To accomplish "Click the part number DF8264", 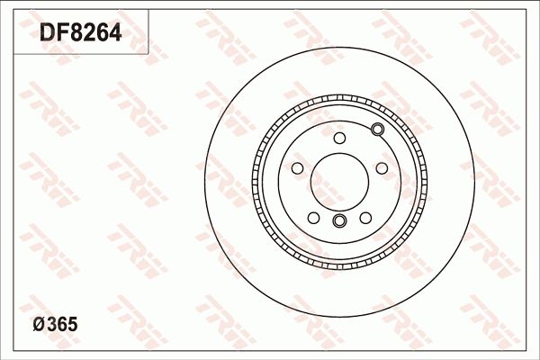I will [x=79, y=33].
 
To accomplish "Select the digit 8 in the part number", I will [x=77, y=33].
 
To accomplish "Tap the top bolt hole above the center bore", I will [x=339, y=138].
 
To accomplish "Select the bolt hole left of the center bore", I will [x=298, y=168].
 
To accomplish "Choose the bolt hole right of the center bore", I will [x=381, y=168].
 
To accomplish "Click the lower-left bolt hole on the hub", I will [x=314, y=217].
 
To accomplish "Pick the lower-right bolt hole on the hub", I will [x=364, y=217].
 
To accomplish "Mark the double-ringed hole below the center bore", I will [x=339, y=221].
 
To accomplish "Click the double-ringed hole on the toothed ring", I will [x=377, y=131].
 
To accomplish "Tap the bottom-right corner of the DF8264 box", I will [x=147, y=52].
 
